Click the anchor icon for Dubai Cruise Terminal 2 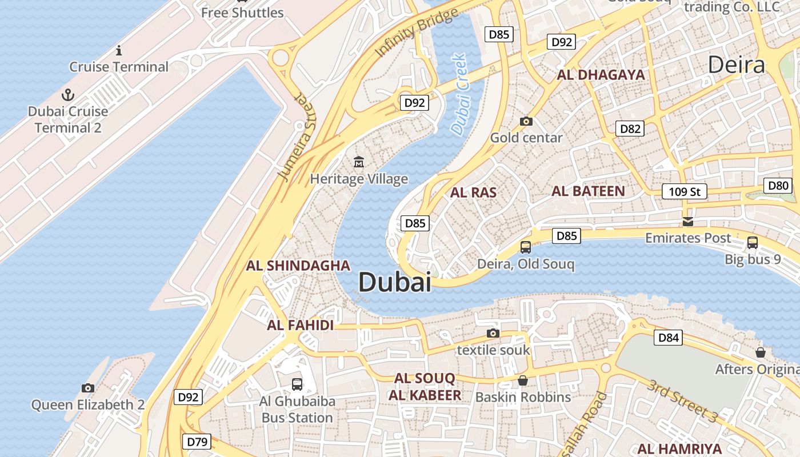tap(68, 95)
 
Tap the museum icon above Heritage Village tap(359, 162)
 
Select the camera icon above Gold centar tap(526, 121)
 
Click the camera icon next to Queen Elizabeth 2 tap(87, 388)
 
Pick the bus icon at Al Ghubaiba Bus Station tap(297, 384)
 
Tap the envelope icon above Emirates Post tap(688, 221)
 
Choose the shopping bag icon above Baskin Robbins tap(523, 380)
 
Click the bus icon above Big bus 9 tap(753, 243)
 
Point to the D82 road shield tap(630, 129)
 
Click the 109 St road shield tap(685, 191)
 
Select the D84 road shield tap(669, 338)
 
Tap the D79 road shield tap(197, 442)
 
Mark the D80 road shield tap(778, 185)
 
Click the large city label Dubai tap(395, 282)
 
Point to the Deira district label tap(736, 65)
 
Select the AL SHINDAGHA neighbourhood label tap(298, 265)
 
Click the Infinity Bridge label tap(417, 33)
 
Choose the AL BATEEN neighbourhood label tap(588, 191)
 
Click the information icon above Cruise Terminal tap(119, 50)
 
